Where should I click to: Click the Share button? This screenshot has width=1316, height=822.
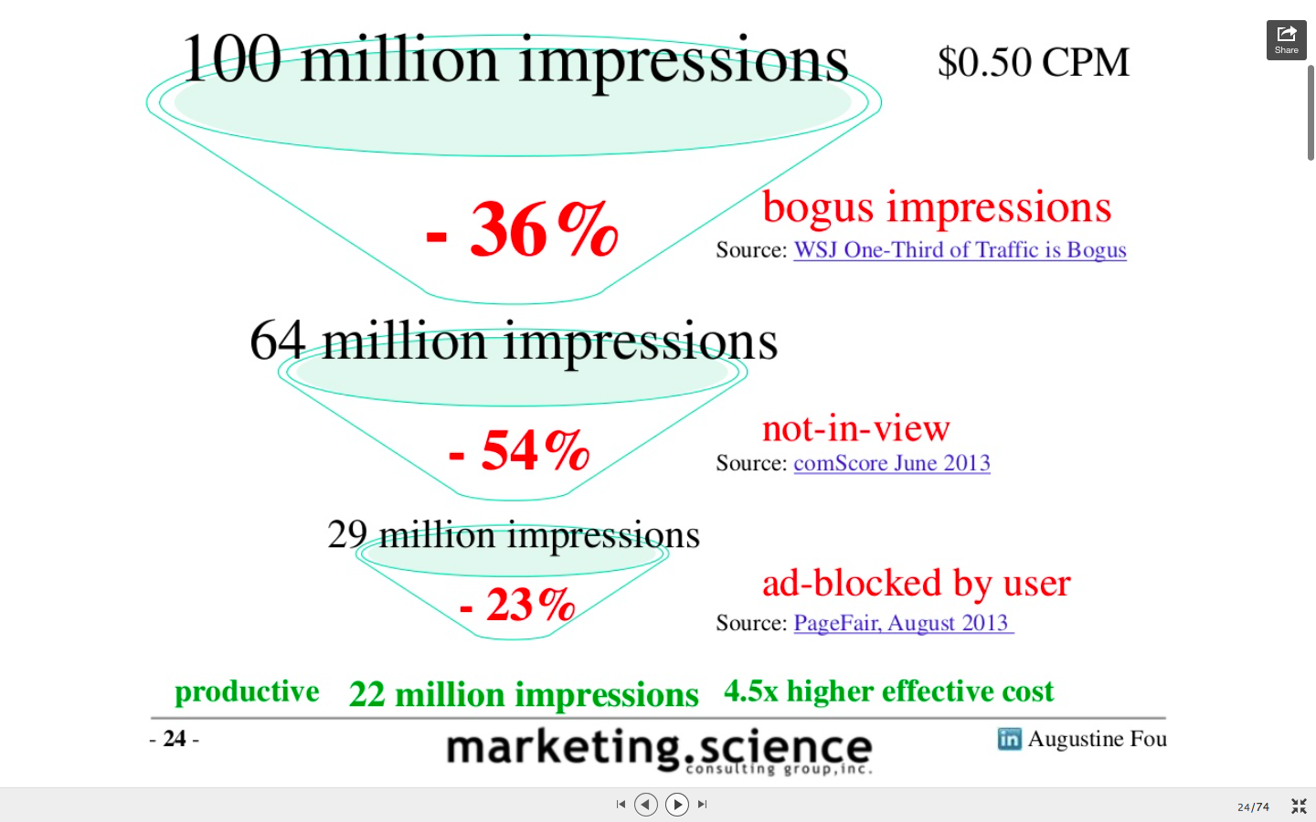coord(1286,40)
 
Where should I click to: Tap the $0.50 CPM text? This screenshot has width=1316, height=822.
coord(1034,62)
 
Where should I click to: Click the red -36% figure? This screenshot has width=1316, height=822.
coord(522,229)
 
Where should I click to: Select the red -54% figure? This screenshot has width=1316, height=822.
coord(519,450)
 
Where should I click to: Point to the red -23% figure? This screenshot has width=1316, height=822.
coord(517,605)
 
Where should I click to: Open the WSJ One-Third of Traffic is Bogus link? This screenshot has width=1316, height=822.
coord(960,250)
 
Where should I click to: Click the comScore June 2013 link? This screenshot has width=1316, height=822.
coord(892,463)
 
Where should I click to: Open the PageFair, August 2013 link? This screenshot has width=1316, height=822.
coord(904,623)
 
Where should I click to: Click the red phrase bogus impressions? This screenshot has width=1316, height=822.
coord(937,208)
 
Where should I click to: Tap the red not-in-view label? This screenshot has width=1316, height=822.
coord(856,428)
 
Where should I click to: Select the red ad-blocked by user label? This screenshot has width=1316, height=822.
coord(917,584)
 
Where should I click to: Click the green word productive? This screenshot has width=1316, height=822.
coord(247,692)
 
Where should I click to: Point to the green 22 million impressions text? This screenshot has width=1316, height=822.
coord(524,695)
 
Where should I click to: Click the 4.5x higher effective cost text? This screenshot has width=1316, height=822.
coord(889,691)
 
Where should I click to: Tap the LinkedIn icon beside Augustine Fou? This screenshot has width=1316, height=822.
coord(1009,739)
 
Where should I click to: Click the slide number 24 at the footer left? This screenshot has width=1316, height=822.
coord(175,739)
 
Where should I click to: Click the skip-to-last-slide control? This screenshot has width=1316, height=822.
coord(702,805)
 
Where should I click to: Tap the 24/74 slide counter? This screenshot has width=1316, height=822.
coord(1253,806)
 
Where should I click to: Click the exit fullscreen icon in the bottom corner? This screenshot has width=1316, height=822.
coord(1299,806)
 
